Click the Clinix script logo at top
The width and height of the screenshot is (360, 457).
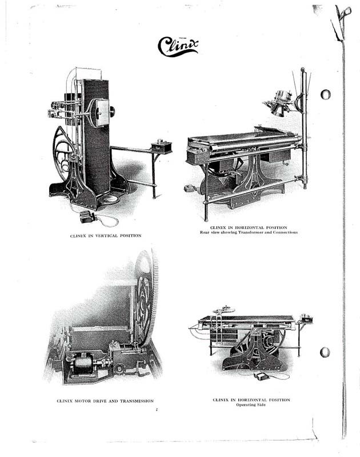(x=178, y=47)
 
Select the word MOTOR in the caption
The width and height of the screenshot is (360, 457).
(x=82, y=401)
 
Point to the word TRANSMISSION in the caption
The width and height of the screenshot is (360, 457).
(x=137, y=401)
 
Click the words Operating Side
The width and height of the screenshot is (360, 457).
(x=251, y=404)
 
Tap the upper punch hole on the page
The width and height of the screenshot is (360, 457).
(x=325, y=94)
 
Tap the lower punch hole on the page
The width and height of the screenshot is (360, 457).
(x=325, y=352)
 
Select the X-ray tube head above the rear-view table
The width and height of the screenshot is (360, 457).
(x=279, y=103)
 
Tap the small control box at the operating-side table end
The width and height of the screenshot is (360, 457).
(x=307, y=318)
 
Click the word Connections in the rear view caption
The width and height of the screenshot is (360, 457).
(x=285, y=232)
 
